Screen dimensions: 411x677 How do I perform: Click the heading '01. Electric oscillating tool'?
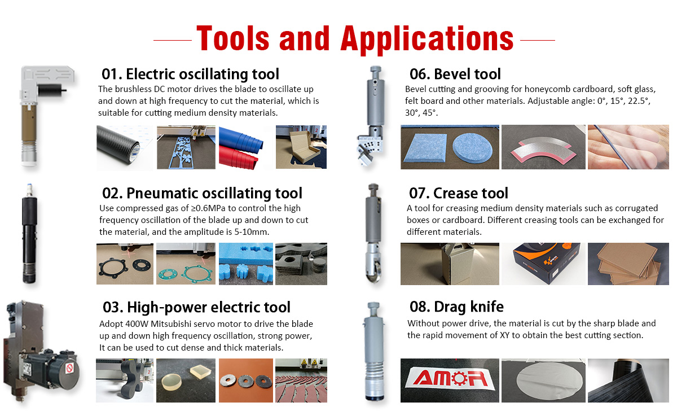coord(190,74)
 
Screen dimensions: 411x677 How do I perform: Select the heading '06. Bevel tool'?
coord(455,74)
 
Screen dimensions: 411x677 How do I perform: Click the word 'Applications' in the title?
coord(427,38)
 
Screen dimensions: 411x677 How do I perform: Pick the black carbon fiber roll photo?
coord(124,148)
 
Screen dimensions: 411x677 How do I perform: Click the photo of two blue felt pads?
coord(450,147)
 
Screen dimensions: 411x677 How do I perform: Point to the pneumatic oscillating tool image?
coord(28,234)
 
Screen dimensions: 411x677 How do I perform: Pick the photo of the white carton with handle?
coord(450,263)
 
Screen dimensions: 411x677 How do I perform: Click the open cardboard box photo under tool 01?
coord(301,148)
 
